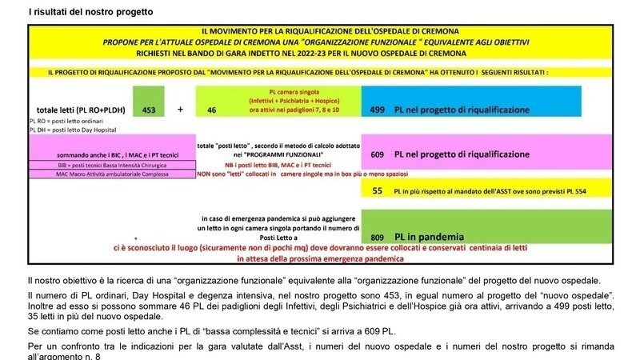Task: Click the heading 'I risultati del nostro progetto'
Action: pos(90,12)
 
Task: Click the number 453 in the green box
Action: pos(149,110)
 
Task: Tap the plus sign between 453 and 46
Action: pos(180,110)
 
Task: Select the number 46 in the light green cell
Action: pos(212,110)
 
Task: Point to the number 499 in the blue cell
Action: pos(378,109)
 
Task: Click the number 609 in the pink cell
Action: pos(378,154)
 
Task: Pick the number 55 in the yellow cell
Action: pos(378,192)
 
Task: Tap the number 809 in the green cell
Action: pos(378,237)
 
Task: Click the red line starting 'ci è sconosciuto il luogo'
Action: pos(320,248)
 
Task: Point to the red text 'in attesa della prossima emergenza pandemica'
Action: pos(320,259)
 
